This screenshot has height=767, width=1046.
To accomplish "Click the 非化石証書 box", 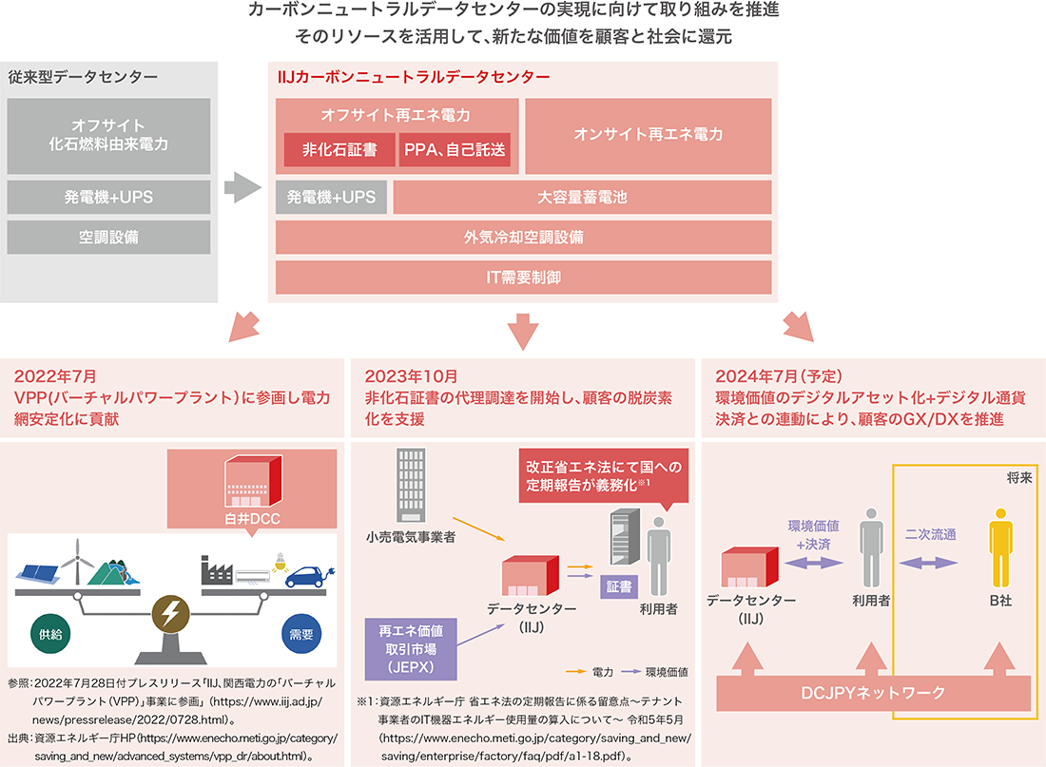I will tap(339, 149).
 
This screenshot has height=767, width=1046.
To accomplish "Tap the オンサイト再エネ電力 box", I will tap(648, 134).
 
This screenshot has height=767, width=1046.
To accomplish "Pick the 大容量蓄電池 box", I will tap(582, 198).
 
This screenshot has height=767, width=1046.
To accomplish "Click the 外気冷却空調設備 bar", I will tap(523, 238).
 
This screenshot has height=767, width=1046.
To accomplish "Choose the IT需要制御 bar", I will tap(523, 278).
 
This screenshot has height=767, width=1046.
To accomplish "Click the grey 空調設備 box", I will tap(108, 238).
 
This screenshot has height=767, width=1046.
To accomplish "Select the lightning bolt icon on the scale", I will tap(172, 617).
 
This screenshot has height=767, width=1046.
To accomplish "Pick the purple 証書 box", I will tap(618, 586).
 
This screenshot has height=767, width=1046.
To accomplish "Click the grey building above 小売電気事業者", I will tap(410, 485).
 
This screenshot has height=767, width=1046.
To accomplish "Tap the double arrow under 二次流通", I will tap(931, 563).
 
